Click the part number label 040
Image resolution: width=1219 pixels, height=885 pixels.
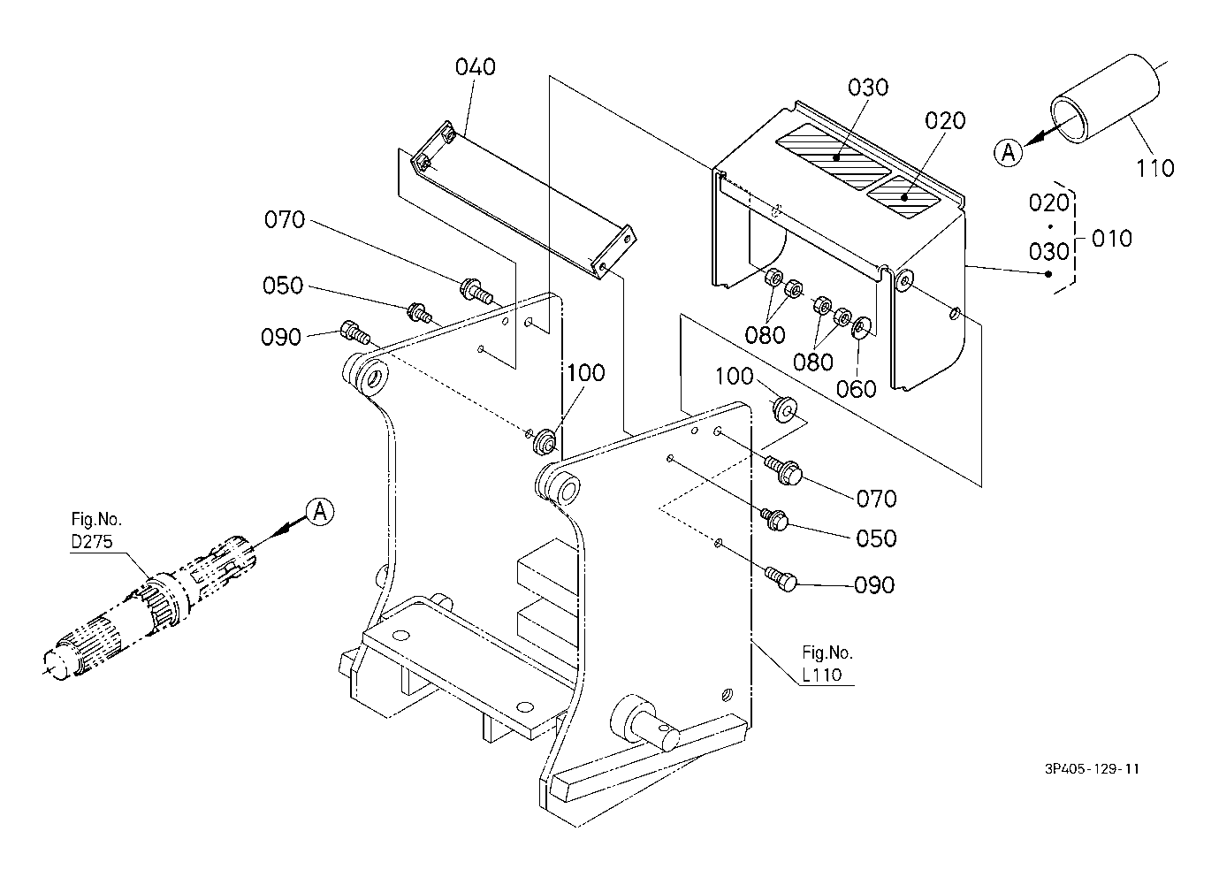[x=475, y=67]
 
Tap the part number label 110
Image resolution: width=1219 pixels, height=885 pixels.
[x=1154, y=168]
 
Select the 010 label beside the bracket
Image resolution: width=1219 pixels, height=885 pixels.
[x=1112, y=239]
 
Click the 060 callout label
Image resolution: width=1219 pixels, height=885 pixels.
[x=856, y=389]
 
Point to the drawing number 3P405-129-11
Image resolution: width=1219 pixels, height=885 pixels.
[x=1092, y=768]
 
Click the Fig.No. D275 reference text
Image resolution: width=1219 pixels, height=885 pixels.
[x=96, y=530]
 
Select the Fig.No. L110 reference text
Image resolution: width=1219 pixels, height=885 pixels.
[x=827, y=663]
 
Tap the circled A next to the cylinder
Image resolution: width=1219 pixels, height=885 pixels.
[x=1009, y=153]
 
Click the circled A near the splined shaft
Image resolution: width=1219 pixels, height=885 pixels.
[x=320, y=512]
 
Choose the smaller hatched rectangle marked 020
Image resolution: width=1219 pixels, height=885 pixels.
[x=903, y=196]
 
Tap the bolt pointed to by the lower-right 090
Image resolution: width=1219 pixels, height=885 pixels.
[x=781, y=578]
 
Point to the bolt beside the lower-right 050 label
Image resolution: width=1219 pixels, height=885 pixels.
[x=775, y=519]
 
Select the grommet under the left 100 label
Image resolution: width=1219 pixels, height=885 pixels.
[x=545, y=441]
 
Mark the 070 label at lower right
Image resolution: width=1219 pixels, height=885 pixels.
[x=877, y=498]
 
